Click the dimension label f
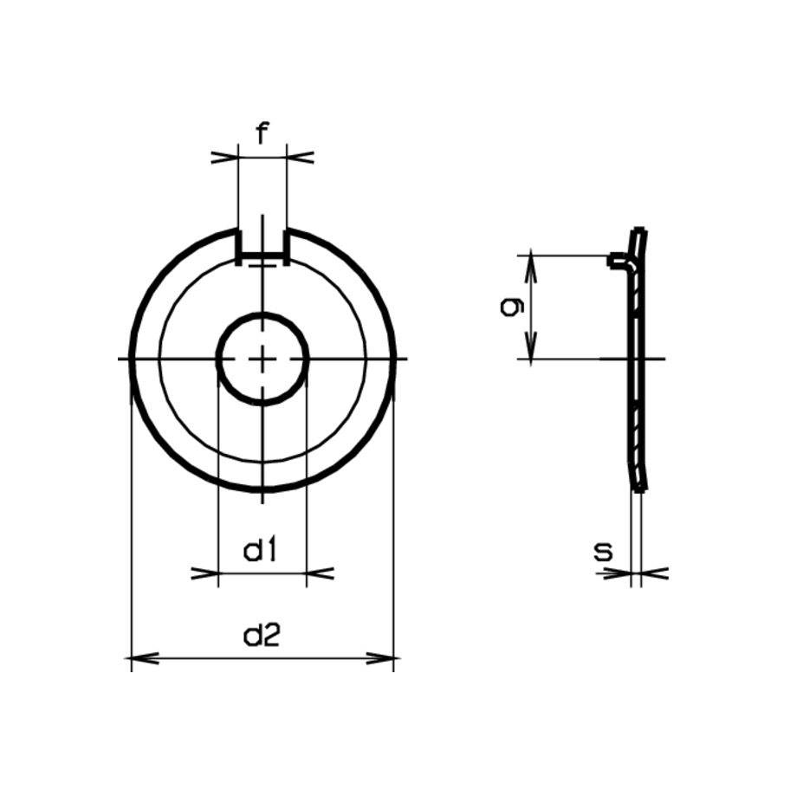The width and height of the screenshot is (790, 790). (x=262, y=133)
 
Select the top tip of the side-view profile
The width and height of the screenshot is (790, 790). (x=640, y=232)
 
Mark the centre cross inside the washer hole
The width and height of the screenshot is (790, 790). (x=262, y=359)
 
